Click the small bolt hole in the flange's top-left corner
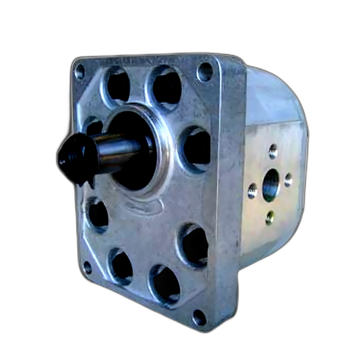[80, 72]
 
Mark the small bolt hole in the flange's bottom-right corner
[199, 317]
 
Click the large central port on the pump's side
[271, 185]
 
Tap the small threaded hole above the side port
[273, 151]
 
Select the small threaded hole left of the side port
[252, 191]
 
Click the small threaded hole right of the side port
[288, 180]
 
